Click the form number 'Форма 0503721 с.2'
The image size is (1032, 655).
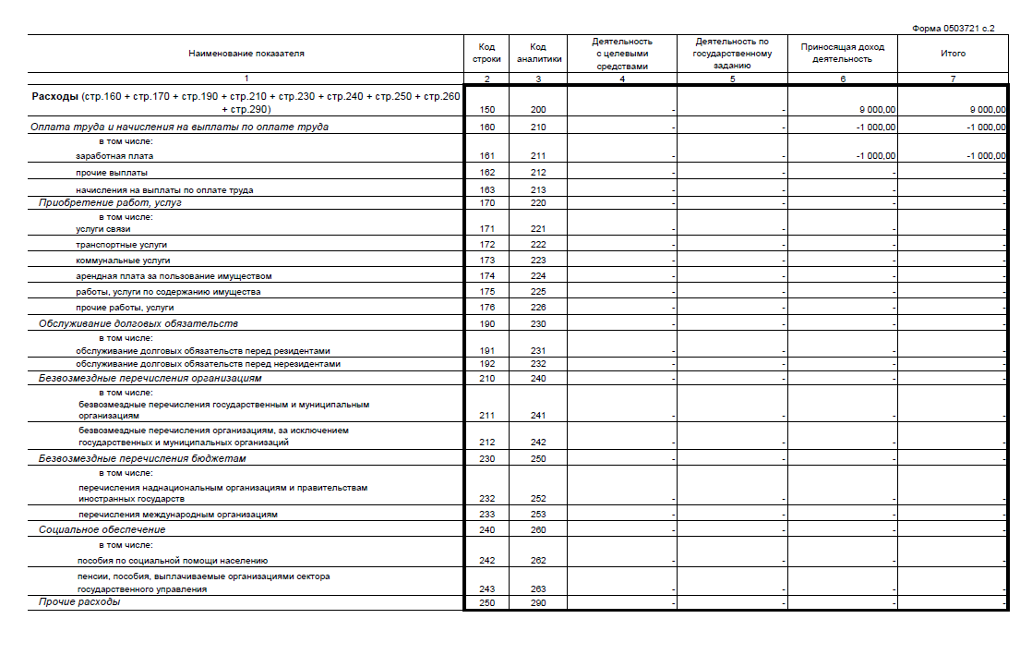pos(953,29)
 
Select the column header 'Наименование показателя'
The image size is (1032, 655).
pos(246,54)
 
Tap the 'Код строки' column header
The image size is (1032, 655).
pos(486,53)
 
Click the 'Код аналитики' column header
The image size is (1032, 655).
pos(539,53)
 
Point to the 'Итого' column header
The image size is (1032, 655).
pos(953,54)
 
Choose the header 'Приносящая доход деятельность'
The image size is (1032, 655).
pos(842,53)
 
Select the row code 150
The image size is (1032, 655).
pos(487,109)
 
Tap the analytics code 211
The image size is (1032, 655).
pos(539,156)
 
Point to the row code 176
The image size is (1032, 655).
pos(487,308)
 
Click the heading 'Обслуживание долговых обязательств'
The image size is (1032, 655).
pos(138,324)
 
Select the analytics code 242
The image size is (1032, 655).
pos(539,443)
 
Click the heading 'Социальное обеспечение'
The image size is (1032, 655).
pos(102,530)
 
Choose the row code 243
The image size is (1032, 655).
pos(487,589)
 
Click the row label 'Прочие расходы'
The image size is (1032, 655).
pos(79,602)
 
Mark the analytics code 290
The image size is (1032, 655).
pos(539,603)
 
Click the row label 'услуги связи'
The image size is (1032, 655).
pos(103,229)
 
